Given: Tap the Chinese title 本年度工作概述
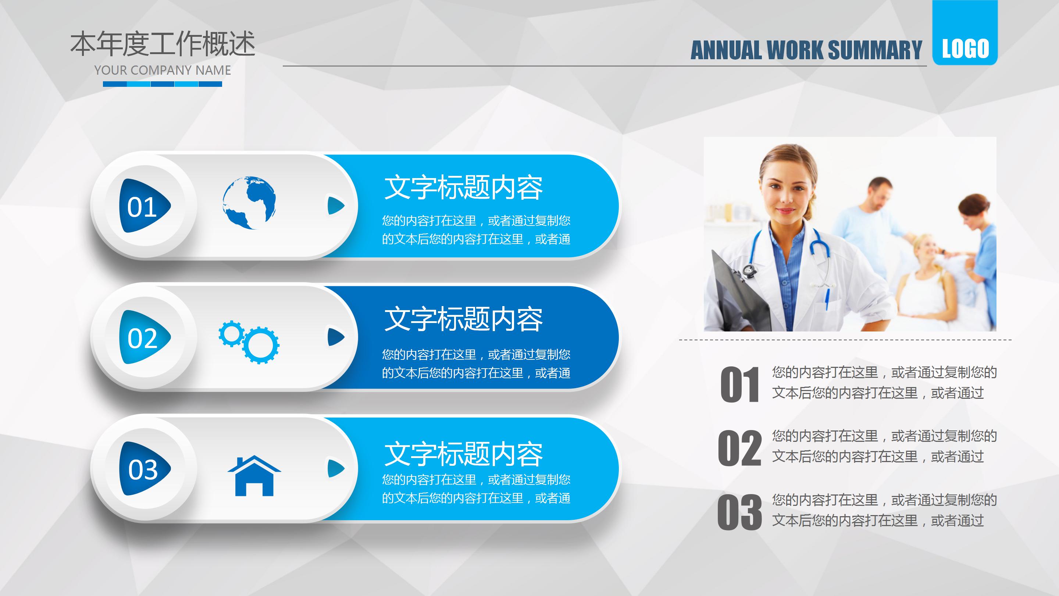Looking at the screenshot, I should click(x=163, y=44).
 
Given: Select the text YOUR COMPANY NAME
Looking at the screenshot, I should click(x=163, y=70).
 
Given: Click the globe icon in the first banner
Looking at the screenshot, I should click(x=249, y=202).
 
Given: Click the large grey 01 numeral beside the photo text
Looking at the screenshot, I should click(x=739, y=384).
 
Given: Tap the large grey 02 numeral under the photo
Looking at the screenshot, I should click(x=739, y=448).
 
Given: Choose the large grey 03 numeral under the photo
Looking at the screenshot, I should click(x=739, y=512).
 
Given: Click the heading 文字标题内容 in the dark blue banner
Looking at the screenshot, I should click(x=463, y=319).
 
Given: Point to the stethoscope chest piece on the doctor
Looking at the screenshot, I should click(x=749, y=270).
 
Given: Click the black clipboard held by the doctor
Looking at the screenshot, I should click(x=738, y=296).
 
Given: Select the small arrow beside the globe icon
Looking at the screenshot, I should click(x=335, y=205).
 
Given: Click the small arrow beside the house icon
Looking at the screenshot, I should click(x=335, y=468).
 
